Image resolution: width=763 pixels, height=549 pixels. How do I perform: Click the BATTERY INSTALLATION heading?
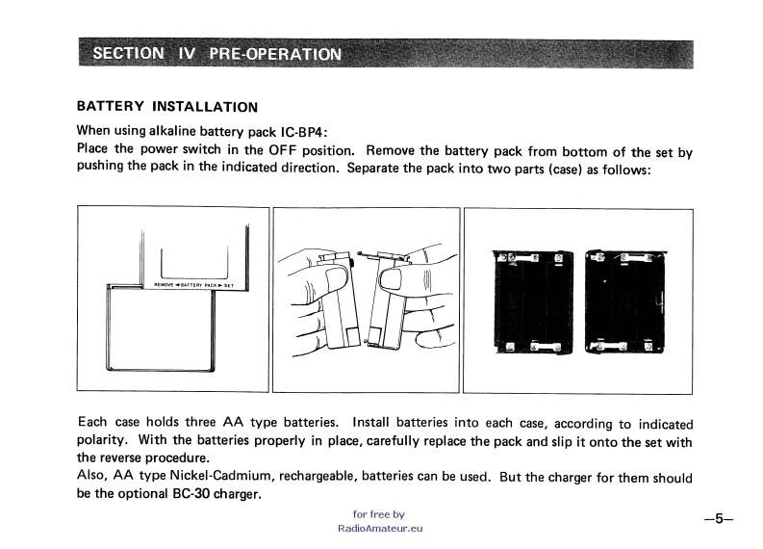[x=166, y=107]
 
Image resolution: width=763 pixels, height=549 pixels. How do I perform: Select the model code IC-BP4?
[x=300, y=131]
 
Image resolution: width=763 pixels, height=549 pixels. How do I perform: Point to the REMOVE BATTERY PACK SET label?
[x=194, y=285]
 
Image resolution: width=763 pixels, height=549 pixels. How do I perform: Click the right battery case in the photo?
[x=623, y=301]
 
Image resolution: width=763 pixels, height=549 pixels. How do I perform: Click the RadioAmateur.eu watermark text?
[x=381, y=528]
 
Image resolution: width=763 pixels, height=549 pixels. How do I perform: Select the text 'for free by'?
[x=379, y=514]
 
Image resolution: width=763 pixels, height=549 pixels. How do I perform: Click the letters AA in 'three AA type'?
[x=231, y=423]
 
